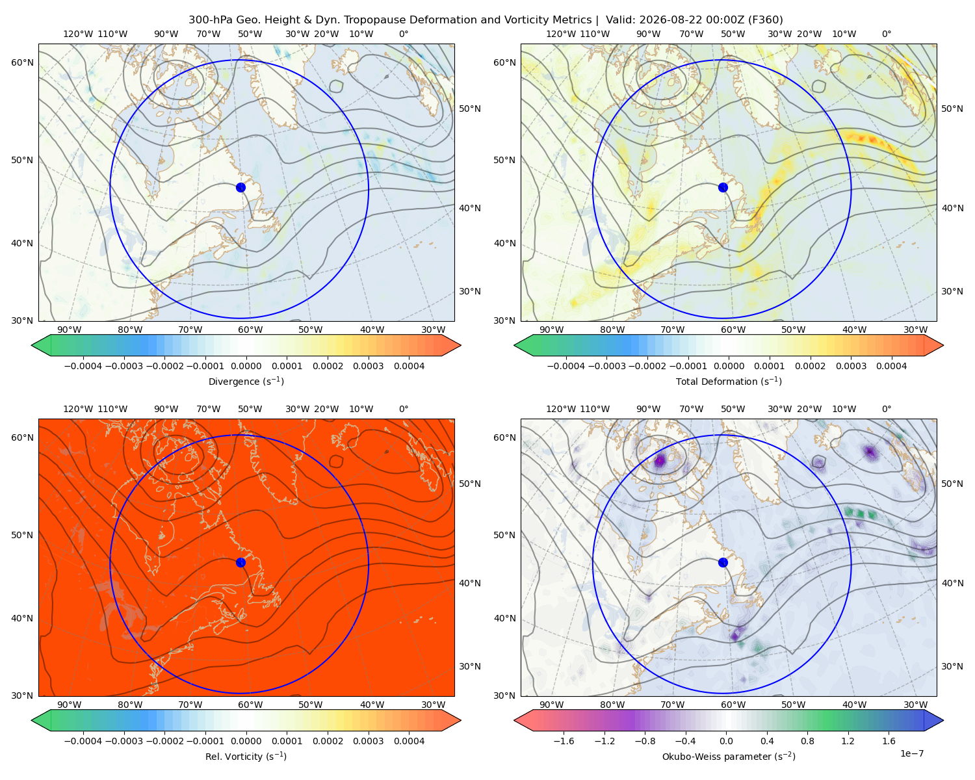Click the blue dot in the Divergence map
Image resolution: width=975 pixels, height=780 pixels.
[240, 187]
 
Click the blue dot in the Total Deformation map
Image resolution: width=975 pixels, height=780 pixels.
[723, 187]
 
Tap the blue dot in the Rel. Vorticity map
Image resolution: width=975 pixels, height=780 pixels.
[240, 562]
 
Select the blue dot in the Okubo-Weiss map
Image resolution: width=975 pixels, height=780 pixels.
[723, 562]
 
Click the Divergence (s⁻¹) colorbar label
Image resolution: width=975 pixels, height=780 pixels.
[246, 381]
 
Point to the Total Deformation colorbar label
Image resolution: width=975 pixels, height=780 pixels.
[729, 381]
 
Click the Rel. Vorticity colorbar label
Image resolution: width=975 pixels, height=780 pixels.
[246, 756]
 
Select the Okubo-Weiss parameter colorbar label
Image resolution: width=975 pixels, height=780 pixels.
[729, 756]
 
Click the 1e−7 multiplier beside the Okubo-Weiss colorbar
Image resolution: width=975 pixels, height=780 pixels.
[911, 753]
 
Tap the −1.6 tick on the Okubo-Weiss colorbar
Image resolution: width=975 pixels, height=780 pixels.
[564, 740]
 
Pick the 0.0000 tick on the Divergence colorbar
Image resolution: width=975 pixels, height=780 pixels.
[246, 366]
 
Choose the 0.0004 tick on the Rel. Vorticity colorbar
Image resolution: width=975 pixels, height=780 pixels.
[409, 740]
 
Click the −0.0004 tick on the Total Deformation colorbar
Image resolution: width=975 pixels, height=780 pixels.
[566, 366]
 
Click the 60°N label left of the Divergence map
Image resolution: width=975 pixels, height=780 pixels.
[22, 62]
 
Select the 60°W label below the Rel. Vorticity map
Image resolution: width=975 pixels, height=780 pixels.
[250, 705]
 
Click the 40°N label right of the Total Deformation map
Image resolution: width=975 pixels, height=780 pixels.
[952, 208]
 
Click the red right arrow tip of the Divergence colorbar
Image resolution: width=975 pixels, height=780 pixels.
[460, 345]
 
